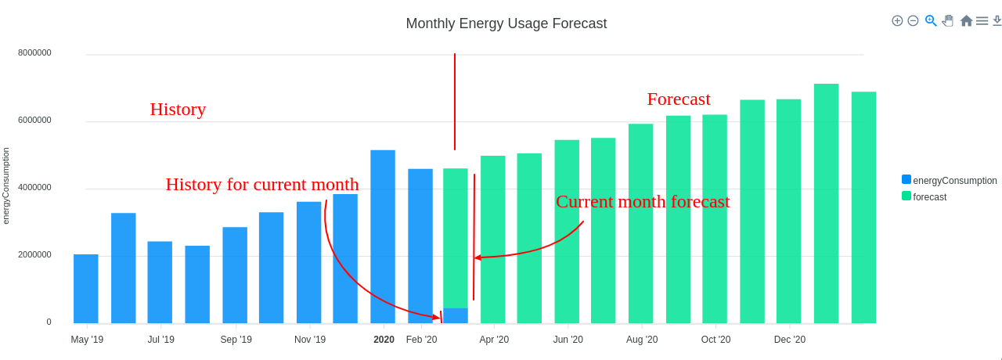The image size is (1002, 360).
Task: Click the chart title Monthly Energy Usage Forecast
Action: [506, 23]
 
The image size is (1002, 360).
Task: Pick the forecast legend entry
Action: [929, 196]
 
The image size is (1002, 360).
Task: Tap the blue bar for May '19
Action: [86, 289]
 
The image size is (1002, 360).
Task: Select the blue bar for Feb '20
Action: [420, 246]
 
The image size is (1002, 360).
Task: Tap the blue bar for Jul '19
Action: [160, 282]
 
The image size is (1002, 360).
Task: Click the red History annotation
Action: [178, 110]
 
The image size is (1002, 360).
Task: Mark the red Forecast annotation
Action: [679, 99]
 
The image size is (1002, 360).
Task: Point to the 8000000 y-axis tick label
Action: [34, 52]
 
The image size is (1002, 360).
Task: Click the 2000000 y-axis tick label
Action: [34, 254]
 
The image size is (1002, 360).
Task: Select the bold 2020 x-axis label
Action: [384, 340]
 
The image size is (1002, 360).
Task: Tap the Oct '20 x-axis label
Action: [715, 340]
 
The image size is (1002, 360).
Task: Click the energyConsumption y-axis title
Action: [6, 186]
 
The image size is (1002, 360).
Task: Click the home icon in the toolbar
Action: [966, 20]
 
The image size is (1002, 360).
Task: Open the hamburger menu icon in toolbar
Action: [982, 20]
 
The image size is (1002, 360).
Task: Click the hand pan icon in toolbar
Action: [948, 20]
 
